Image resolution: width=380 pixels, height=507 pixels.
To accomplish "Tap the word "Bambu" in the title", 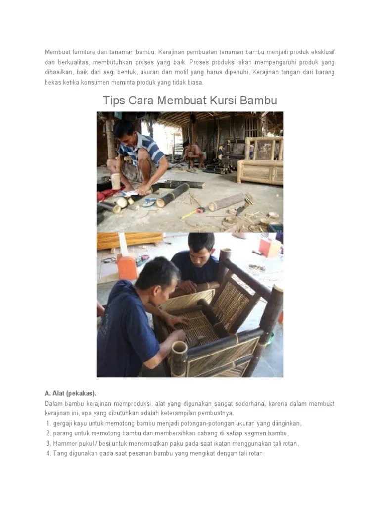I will (x=258, y=101).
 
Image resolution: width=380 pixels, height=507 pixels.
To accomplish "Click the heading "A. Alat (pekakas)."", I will (x=70, y=393).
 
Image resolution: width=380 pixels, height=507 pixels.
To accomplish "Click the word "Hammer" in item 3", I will (x=66, y=443).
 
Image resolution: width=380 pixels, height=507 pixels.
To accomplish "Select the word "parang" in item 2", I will (x=63, y=433).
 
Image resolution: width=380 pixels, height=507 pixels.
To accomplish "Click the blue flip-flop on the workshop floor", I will (x=149, y=202).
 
